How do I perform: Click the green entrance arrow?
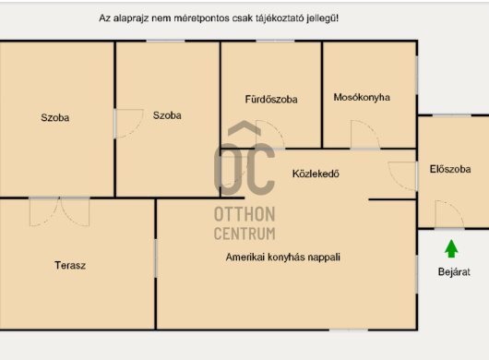(x=451, y=248)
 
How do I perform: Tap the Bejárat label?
(x=454, y=271)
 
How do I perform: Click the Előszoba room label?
(x=450, y=169)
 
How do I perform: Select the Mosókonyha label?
(x=362, y=97)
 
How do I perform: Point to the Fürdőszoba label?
(x=271, y=99)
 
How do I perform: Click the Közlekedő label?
(x=316, y=174)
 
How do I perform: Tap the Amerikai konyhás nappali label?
(x=283, y=257)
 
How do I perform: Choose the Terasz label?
(x=70, y=265)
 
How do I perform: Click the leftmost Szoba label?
(x=55, y=117)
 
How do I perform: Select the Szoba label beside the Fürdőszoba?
(x=167, y=115)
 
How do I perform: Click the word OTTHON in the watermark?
(x=244, y=214)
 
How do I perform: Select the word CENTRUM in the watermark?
(x=244, y=234)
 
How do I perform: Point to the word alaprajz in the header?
(x=131, y=18)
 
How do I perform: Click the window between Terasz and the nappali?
(x=156, y=258)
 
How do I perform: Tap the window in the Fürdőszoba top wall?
(x=275, y=41)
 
